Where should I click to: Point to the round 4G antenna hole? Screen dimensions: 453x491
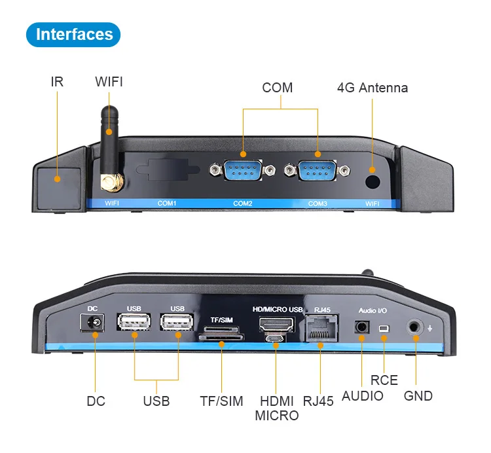pos(373,180)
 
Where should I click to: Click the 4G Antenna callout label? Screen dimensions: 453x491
pos(372,88)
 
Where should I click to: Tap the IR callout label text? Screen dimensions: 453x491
pos(57,82)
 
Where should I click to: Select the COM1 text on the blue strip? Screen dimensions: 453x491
pos(167,204)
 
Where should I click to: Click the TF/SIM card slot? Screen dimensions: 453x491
pos(221,338)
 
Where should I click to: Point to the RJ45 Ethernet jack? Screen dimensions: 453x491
pos(321,326)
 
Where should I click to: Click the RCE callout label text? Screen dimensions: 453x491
pos(384,380)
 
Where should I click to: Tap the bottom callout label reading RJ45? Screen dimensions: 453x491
pos(318,401)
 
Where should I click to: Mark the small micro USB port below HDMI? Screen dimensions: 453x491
pos(276,339)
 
